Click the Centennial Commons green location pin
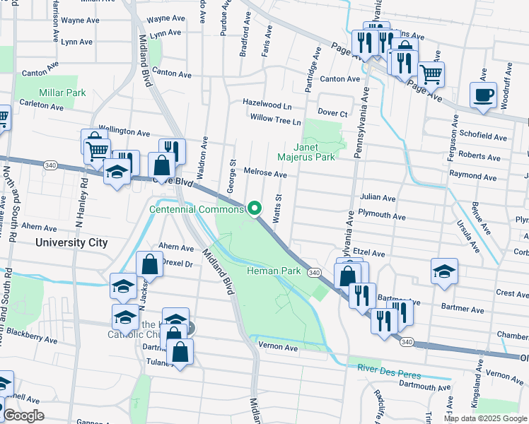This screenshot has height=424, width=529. (x=255, y=208)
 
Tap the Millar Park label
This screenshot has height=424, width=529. (x=62, y=93)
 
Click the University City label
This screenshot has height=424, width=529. (x=72, y=242)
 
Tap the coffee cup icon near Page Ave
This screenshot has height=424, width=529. (x=484, y=95)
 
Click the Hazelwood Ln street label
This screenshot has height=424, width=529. (x=267, y=102)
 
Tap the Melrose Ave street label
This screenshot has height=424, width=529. (x=265, y=173)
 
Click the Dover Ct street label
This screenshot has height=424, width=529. (x=332, y=113)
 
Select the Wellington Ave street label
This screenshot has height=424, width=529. (x=124, y=132)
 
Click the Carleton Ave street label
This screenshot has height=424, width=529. (x=42, y=107)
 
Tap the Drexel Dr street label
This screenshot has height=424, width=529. (x=178, y=263)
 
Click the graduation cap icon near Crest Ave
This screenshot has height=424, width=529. (x=444, y=271)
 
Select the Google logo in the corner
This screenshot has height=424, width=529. (x=23, y=416)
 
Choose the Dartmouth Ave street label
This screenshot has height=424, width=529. (x=424, y=387)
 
